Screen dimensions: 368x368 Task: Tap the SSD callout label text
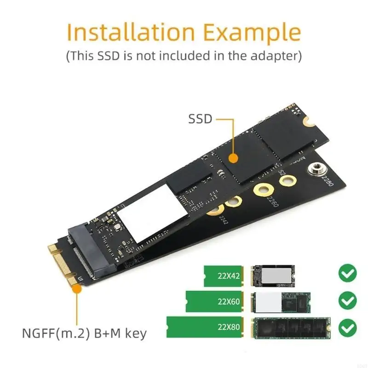click(200, 119)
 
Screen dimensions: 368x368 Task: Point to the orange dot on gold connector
click(75, 289)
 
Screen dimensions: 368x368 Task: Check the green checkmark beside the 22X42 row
click(347, 274)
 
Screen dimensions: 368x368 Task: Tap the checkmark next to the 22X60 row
click(347, 301)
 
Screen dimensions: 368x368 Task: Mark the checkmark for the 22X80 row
click(347, 328)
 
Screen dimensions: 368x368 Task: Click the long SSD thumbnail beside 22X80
click(291, 328)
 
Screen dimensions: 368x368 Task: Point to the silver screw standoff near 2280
click(316, 170)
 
